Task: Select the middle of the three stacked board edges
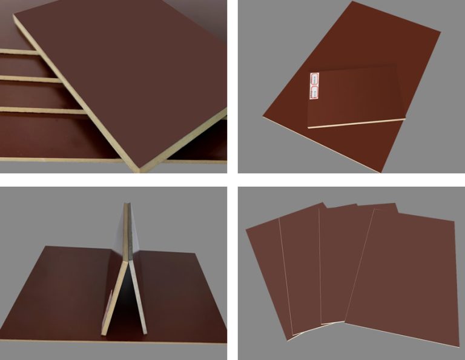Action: [30, 79]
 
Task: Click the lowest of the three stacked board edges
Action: [36, 110]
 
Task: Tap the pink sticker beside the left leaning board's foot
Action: [111, 303]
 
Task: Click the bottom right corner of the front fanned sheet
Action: [449, 347]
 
